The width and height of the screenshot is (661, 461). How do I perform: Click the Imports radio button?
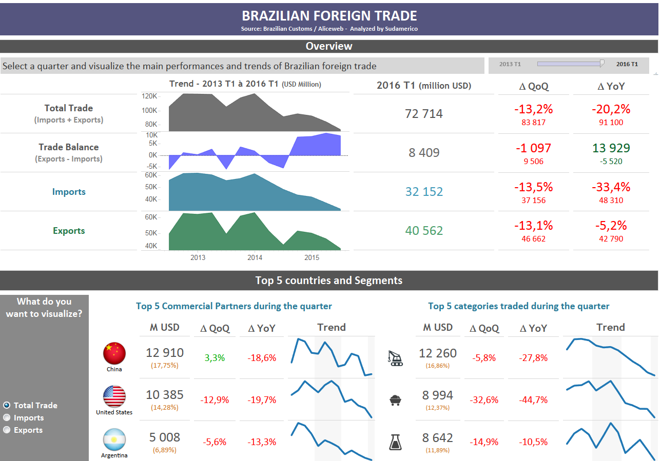pyautogui.click(x=7, y=418)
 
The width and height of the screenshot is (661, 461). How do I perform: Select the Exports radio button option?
pyautogui.click(x=7, y=430)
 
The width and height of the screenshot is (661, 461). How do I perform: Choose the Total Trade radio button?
pyautogui.click(x=7, y=405)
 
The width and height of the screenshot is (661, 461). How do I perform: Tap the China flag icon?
pyautogui.click(x=114, y=353)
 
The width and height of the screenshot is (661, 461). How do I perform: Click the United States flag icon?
pyautogui.click(x=114, y=396)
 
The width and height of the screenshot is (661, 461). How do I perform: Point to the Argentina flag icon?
pyautogui.click(x=114, y=439)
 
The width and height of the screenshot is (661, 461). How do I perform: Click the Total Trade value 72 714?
pyautogui.click(x=423, y=114)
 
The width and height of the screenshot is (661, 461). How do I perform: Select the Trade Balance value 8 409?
pyautogui.click(x=423, y=153)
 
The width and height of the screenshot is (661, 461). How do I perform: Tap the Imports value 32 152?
pyautogui.click(x=423, y=192)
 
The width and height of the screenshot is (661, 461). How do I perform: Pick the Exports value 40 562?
pyautogui.click(x=423, y=231)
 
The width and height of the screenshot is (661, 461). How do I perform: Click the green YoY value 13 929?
pyautogui.click(x=611, y=148)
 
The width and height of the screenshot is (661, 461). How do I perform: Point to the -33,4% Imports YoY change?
pyautogui.click(x=611, y=187)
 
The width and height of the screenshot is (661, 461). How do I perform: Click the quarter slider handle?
pyautogui.click(x=602, y=64)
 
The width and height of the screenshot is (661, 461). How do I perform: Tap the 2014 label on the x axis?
pyautogui.click(x=255, y=257)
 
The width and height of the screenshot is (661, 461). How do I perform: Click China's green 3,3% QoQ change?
pyautogui.click(x=215, y=358)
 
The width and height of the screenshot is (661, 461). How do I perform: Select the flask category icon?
pyautogui.click(x=395, y=442)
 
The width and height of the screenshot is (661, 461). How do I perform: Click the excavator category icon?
pyautogui.click(x=395, y=358)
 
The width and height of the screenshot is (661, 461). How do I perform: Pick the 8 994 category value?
pyautogui.click(x=437, y=395)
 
